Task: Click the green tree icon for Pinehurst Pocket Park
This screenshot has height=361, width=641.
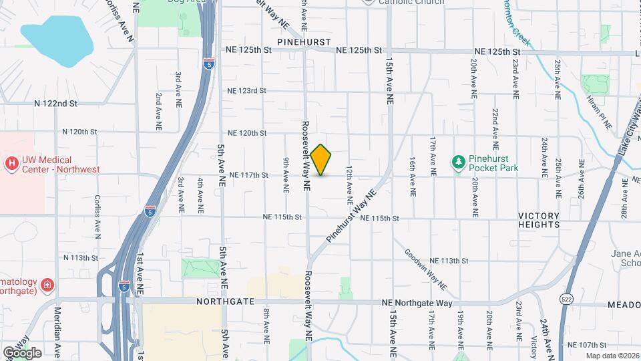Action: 458,162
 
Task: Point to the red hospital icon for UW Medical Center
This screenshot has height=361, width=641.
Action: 11,163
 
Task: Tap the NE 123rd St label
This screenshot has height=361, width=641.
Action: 246,91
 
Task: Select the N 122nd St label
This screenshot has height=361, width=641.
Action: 56,104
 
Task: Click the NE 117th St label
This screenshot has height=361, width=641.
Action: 248,175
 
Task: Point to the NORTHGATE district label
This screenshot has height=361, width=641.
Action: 226,302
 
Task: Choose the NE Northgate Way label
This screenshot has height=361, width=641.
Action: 417,303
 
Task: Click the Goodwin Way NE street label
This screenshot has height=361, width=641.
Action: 425,272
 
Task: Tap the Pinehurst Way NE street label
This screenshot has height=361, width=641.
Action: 352,215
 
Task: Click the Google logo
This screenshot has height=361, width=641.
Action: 22,353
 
